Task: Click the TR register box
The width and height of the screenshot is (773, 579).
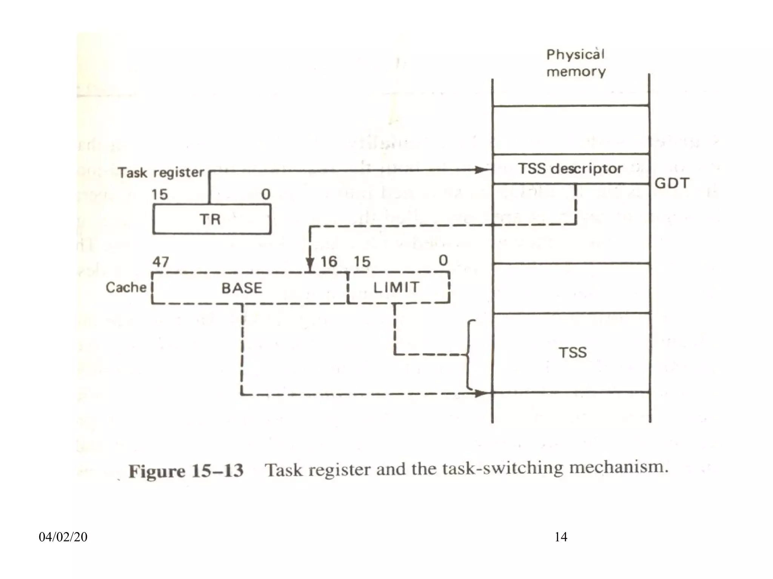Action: coord(212,219)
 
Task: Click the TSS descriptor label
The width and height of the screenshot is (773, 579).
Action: coord(570,168)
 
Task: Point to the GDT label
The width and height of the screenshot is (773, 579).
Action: coord(672,183)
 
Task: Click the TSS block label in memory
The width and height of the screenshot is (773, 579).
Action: coord(573,352)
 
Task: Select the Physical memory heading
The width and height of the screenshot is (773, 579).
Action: coord(576,63)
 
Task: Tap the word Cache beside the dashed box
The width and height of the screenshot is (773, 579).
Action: coord(126,287)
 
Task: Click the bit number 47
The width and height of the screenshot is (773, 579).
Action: coord(161,261)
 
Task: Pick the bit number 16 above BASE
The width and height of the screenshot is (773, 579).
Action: coord(329,261)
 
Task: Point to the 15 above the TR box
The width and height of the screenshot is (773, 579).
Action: coord(160,195)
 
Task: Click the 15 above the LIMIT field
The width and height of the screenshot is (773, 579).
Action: coord(362,261)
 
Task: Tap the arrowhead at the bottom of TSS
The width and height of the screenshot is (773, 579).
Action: coord(483,394)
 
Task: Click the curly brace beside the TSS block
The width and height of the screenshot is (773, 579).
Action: coord(469,355)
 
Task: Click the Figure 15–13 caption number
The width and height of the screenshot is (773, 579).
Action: coord(186,471)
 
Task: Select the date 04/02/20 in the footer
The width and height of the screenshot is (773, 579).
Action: coord(63,537)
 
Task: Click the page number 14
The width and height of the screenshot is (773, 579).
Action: coord(561,537)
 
